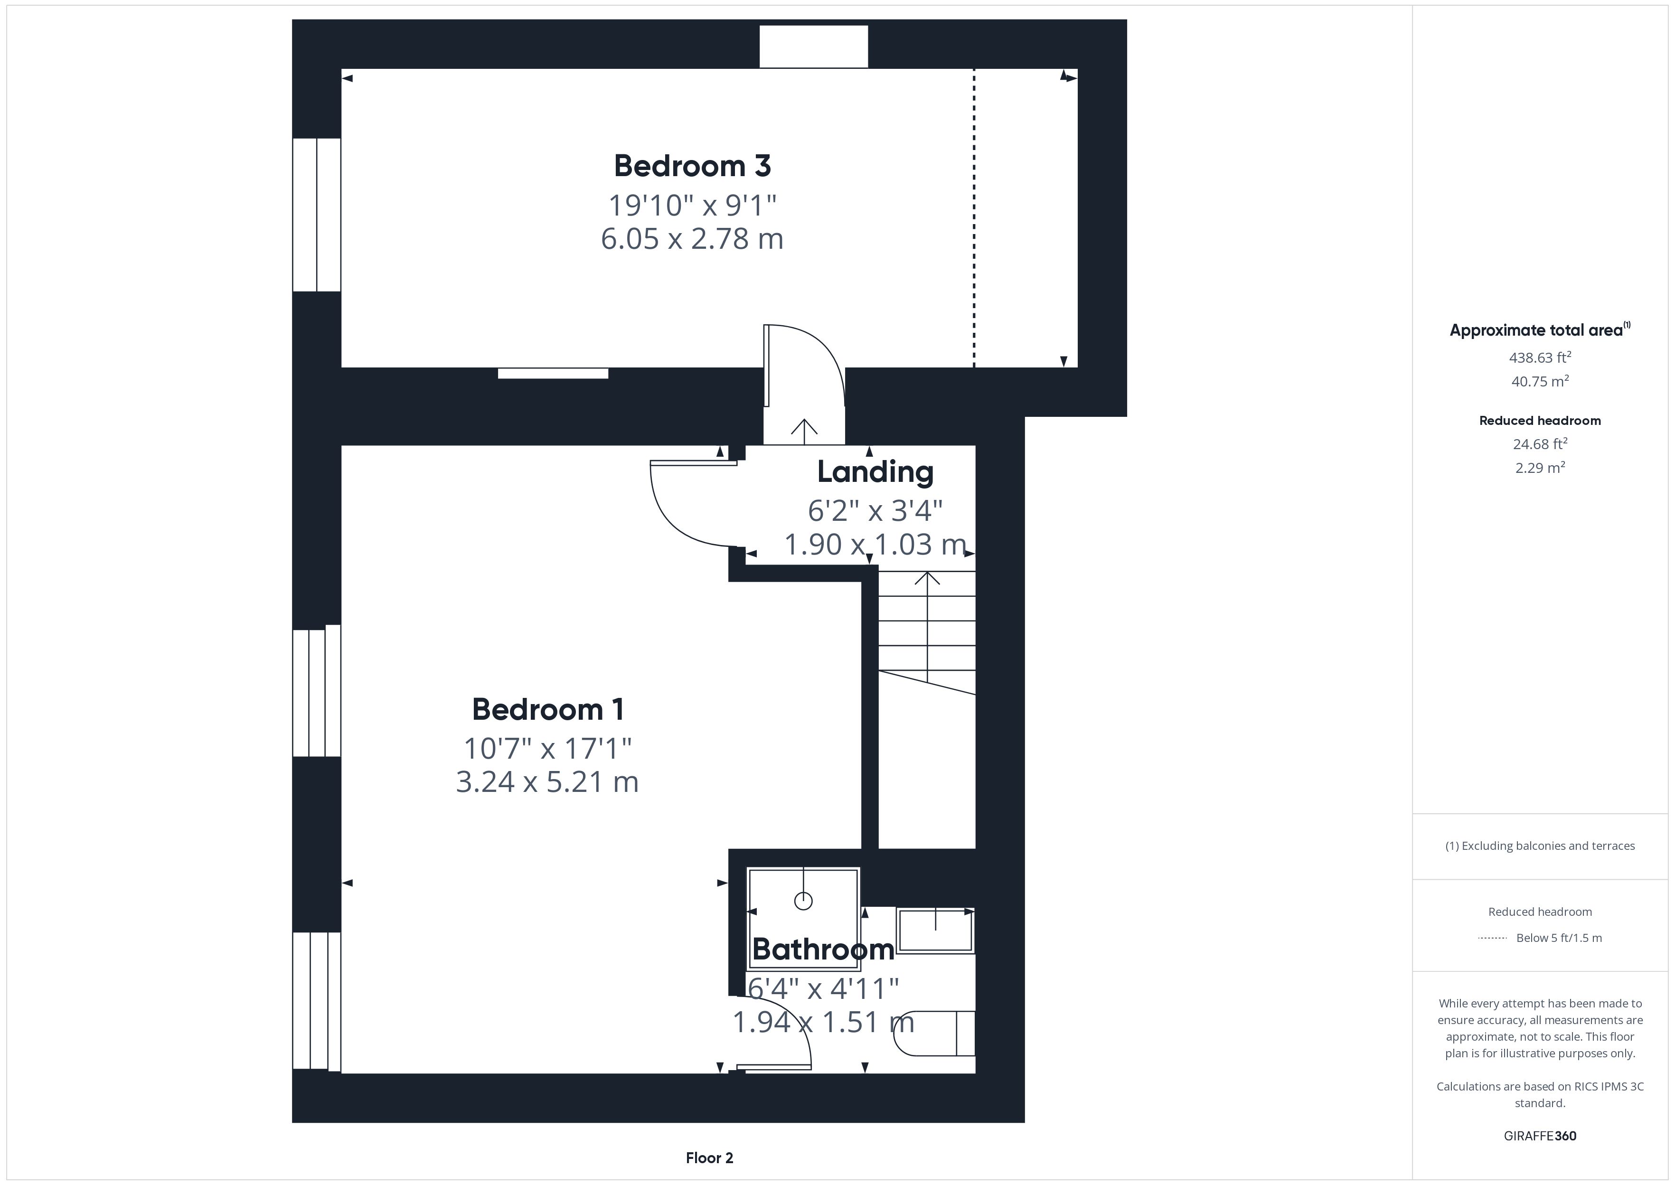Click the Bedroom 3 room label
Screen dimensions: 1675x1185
click(692, 166)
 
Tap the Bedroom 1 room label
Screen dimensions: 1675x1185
click(548, 709)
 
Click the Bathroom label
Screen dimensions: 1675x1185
click(823, 950)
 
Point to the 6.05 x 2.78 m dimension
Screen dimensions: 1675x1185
click(692, 239)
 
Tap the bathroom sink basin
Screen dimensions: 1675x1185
click(935, 931)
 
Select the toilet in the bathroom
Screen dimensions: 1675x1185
click(934, 1033)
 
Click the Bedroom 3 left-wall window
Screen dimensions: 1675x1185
click(317, 215)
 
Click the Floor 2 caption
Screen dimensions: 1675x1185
click(709, 1157)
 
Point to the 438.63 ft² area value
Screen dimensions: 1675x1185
click(1540, 357)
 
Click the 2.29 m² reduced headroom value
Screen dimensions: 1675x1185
click(1540, 467)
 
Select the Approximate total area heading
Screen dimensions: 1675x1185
click(1540, 330)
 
